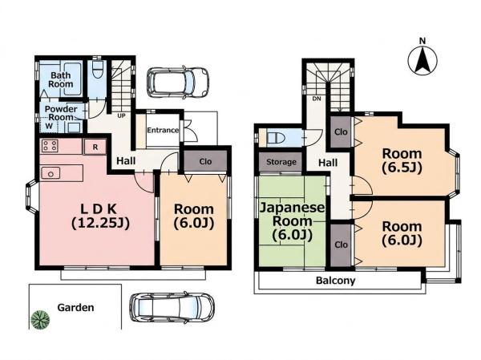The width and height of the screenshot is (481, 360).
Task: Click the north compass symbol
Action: [422, 60]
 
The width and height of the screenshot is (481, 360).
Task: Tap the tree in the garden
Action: [40, 319]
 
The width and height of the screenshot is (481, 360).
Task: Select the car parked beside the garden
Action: [172, 308]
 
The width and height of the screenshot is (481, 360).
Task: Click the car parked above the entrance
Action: [178, 83]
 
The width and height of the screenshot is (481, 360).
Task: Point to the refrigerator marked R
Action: [95, 147]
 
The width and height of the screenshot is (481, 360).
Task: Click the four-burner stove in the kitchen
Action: [50, 145]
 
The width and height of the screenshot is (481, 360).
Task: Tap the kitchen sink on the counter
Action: [51, 174]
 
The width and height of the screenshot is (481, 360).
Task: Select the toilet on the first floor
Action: [98, 69]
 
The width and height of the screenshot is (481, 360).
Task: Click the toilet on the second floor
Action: [274, 137]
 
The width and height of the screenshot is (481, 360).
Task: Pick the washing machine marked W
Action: [49, 126]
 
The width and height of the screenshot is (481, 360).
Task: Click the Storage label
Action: [281, 162]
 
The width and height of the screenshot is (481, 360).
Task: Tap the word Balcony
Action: [336, 280]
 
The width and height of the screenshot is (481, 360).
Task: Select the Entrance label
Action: [163, 130]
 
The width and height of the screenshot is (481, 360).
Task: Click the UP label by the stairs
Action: [122, 116]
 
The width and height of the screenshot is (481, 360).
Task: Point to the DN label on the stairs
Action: [317, 99]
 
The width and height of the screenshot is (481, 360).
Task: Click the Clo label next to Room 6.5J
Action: [341, 132]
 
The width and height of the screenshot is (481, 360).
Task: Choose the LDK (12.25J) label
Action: [100, 216]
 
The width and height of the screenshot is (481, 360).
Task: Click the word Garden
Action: [75, 308]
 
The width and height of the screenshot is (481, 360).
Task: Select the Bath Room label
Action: [61, 79]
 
